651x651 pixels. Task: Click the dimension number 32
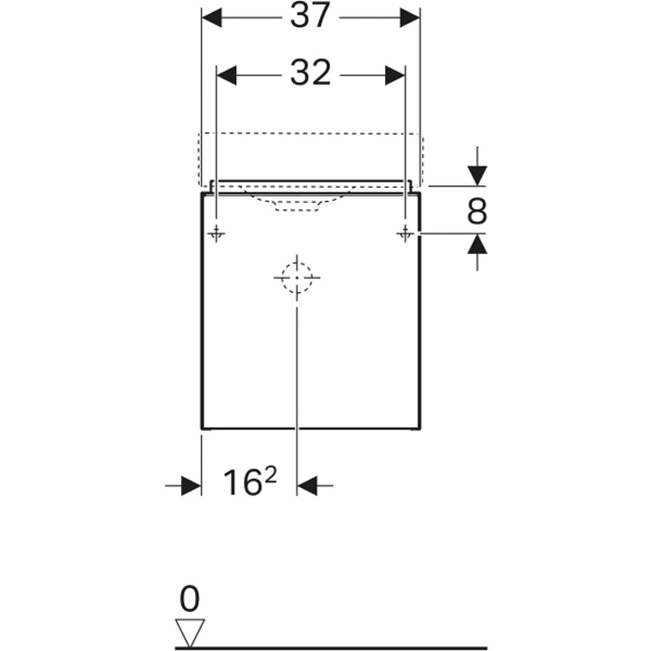click(310, 74)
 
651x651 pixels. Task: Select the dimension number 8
click(476, 213)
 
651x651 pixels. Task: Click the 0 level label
click(190, 597)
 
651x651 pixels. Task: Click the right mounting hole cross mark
click(405, 234)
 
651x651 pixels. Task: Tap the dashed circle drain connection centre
click(297, 277)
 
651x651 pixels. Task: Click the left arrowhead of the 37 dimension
click(213, 18)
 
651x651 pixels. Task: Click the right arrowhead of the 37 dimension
click(409, 18)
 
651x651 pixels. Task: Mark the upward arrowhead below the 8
click(477, 246)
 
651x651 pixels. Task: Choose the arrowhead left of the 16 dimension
click(191, 485)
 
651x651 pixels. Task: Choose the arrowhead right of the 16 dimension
click(308, 485)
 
